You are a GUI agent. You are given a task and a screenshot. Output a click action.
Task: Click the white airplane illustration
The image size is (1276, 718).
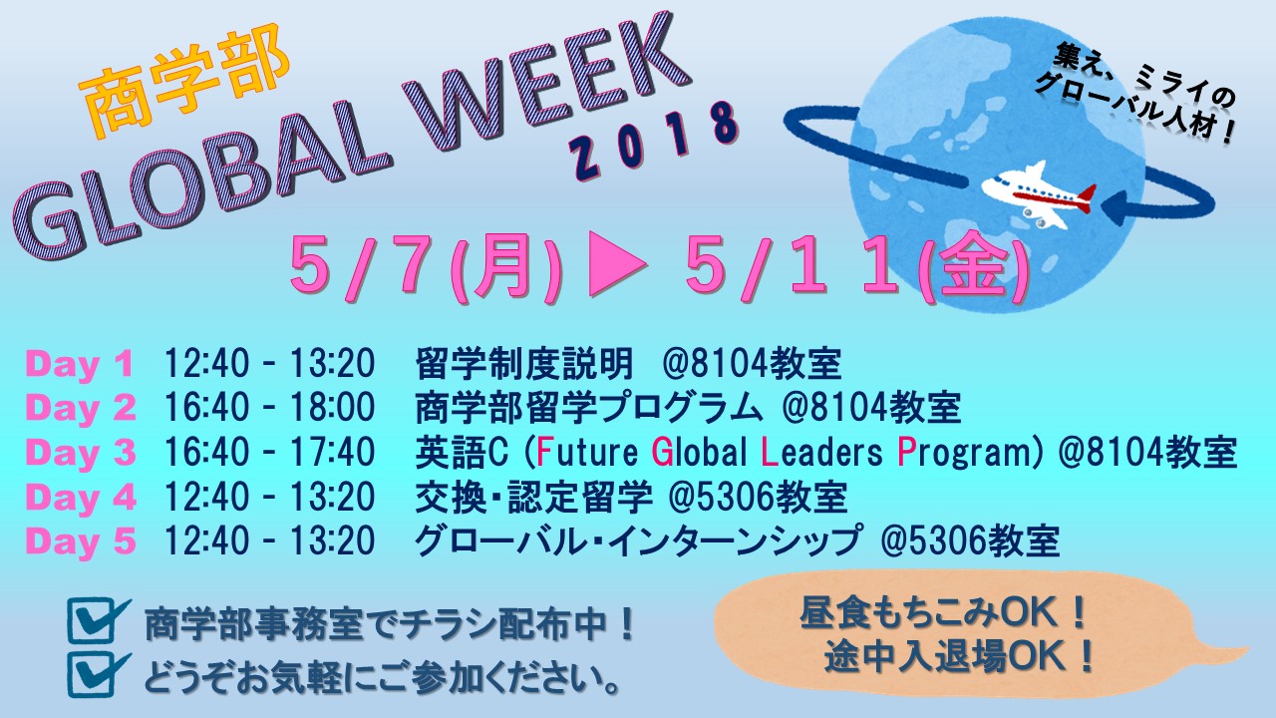click(1038, 194)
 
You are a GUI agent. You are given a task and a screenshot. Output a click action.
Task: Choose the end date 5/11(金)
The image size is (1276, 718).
click(855, 269)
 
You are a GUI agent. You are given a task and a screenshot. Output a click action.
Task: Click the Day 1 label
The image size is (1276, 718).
click(79, 364)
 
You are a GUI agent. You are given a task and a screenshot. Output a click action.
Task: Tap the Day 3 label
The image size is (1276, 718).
click(81, 453)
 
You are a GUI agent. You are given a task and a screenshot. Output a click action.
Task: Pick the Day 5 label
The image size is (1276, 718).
click(81, 540)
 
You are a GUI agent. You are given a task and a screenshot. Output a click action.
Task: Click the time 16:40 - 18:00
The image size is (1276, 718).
click(269, 407)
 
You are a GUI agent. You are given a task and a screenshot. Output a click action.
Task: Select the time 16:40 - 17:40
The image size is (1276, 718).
click(269, 452)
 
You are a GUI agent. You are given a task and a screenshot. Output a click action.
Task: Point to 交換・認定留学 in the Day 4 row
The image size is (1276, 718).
click(533, 497)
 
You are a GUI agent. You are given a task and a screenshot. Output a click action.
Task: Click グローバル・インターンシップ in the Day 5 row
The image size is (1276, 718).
click(637, 540)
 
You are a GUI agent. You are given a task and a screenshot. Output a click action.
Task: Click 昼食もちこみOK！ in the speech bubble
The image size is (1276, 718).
click(944, 613)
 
